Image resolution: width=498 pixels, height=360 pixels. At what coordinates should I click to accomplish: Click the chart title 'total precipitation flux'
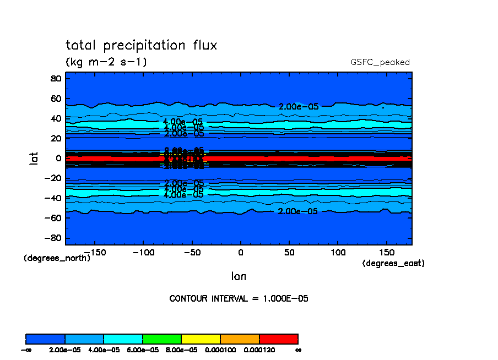click(x=142, y=45)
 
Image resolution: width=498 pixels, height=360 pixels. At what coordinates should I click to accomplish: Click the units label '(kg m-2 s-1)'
click(x=106, y=62)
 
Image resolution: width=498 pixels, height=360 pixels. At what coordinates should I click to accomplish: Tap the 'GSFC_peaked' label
click(x=380, y=62)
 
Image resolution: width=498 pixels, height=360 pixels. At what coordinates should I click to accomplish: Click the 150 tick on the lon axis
click(x=386, y=252)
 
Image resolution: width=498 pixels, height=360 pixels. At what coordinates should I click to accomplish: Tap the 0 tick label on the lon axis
click(x=240, y=252)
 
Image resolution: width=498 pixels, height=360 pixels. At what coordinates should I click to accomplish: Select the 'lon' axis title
click(x=239, y=276)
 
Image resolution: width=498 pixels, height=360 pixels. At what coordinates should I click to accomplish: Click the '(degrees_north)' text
click(x=57, y=258)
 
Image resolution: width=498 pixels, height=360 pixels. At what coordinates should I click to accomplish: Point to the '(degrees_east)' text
click(x=393, y=263)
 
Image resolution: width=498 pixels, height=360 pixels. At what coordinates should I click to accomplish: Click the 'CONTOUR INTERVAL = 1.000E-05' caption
click(x=239, y=299)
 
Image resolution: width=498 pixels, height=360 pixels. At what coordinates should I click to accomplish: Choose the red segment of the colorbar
click(x=278, y=339)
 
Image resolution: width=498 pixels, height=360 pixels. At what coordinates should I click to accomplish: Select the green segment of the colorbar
click(x=162, y=339)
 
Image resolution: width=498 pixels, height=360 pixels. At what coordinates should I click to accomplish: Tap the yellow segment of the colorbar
click(x=201, y=339)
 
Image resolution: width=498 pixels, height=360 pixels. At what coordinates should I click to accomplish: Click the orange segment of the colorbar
click(x=240, y=339)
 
